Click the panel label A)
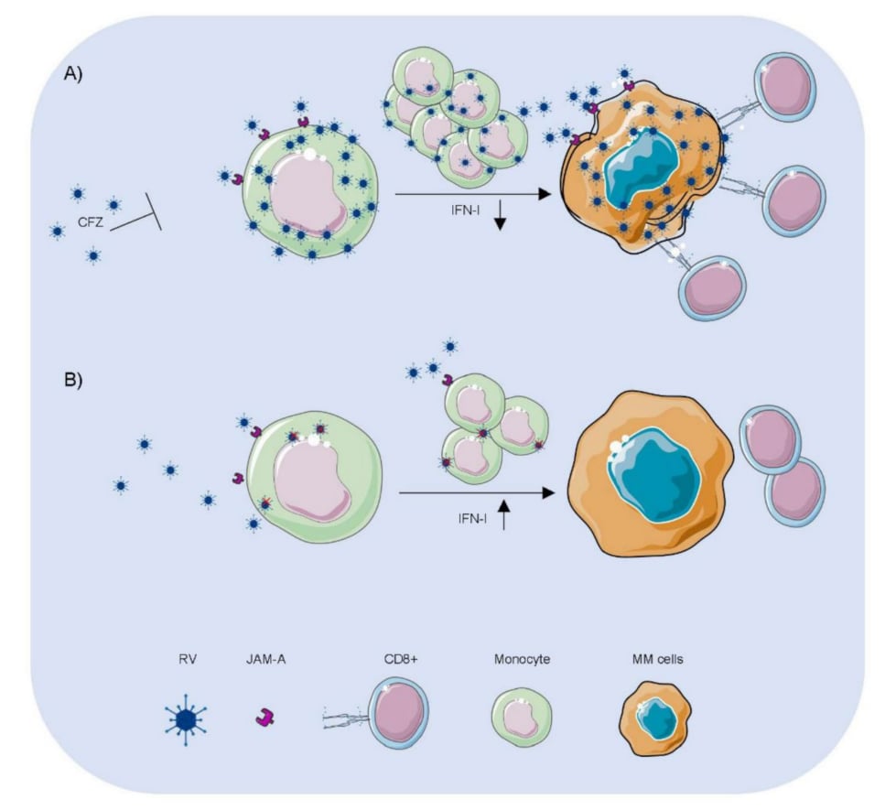point(72,75)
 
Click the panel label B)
point(72,380)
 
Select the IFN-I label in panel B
point(470,518)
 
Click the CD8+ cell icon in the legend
point(397,718)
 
